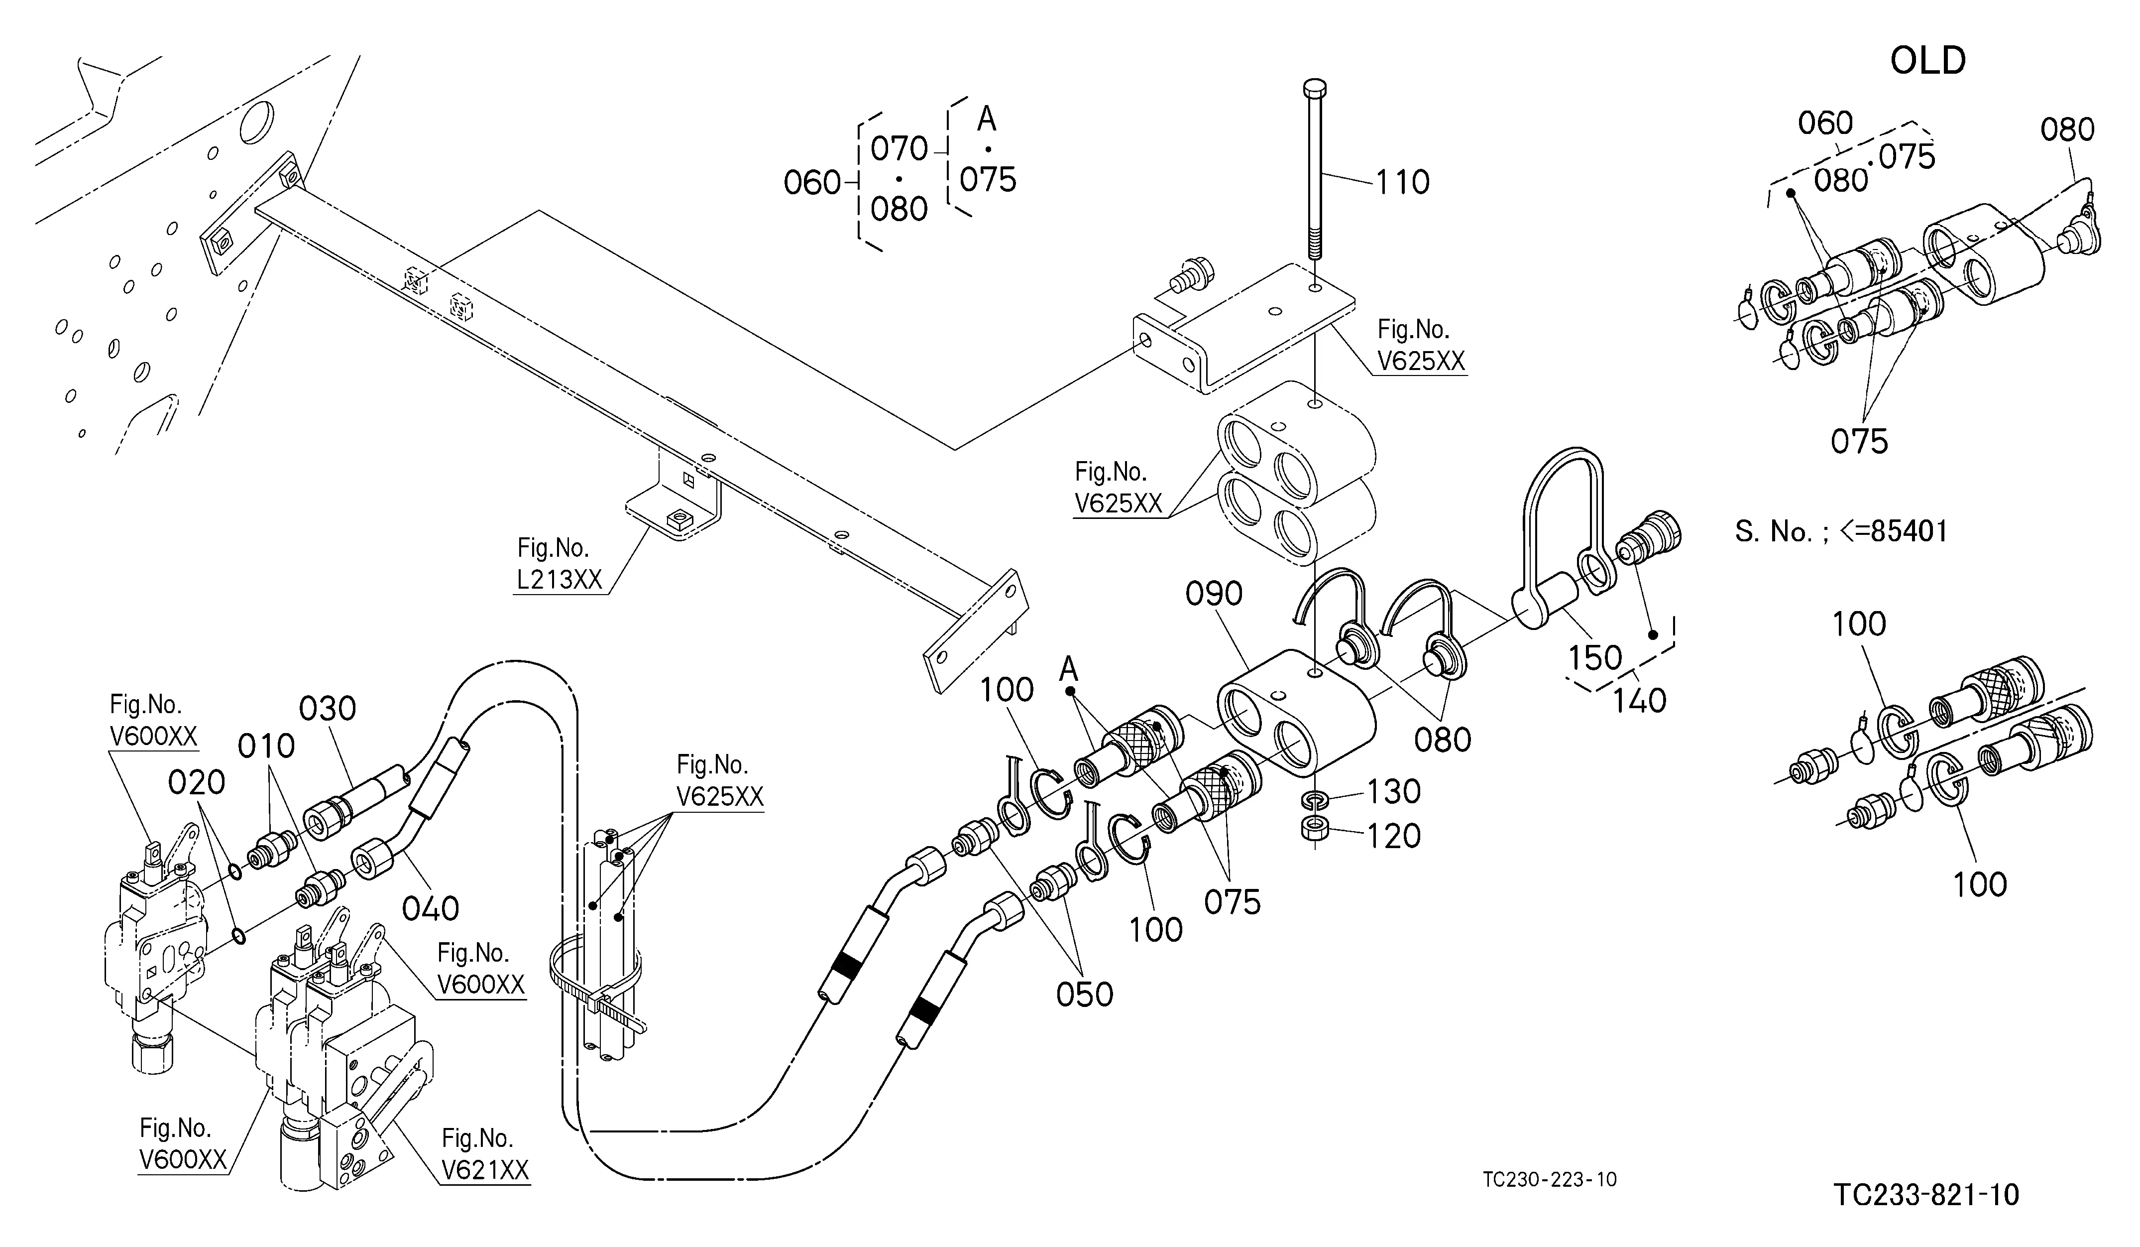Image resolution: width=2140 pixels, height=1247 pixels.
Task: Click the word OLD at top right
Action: tap(1928, 61)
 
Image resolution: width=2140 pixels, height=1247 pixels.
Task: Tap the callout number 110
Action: tap(1403, 182)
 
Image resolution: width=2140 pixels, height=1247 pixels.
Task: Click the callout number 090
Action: tap(1215, 594)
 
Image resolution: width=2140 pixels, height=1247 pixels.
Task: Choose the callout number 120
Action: tap(1393, 836)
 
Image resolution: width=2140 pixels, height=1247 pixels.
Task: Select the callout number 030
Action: tap(328, 709)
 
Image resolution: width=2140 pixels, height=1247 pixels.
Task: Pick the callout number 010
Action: tap(266, 746)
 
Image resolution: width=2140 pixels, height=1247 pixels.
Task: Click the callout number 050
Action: tap(1085, 995)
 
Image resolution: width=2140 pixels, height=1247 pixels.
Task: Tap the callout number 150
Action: tap(1595, 657)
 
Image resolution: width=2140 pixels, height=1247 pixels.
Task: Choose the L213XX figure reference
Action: tap(559, 579)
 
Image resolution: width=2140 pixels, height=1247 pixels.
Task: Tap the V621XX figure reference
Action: tap(485, 1170)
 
